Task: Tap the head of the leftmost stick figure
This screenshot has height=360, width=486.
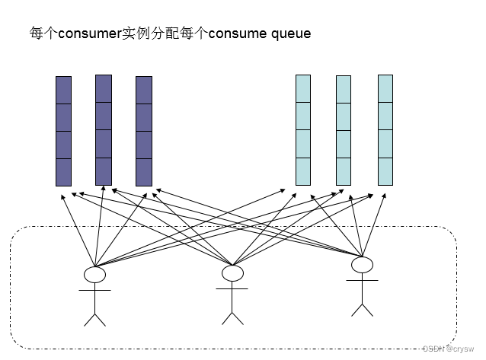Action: [x=94, y=274]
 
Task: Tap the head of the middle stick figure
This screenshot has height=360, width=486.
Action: [x=232, y=272]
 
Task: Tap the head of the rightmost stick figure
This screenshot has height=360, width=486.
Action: [x=362, y=264]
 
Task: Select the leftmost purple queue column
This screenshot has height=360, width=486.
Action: [x=63, y=131]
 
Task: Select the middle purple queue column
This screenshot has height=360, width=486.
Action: [x=104, y=129]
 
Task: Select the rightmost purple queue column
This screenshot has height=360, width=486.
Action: [x=144, y=131]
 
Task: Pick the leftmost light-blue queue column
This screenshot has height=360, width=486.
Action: [x=303, y=130]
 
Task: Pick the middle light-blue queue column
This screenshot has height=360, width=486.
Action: [x=344, y=130]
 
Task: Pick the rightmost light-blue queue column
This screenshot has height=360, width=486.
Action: [x=385, y=129]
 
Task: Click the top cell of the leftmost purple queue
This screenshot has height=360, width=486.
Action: [x=63, y=90]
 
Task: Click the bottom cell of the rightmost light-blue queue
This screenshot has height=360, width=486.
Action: [x=385, y=171]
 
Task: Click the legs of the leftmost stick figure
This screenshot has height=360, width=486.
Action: [x=94, y=317]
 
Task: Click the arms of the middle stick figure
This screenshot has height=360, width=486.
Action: [x=232, y=288]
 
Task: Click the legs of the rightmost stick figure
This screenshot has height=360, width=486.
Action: [x=362, y=307]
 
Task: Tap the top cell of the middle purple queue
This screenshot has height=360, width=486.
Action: [x=104, y=88]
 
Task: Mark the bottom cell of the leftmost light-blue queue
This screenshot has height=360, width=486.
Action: [x=303, y=172]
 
